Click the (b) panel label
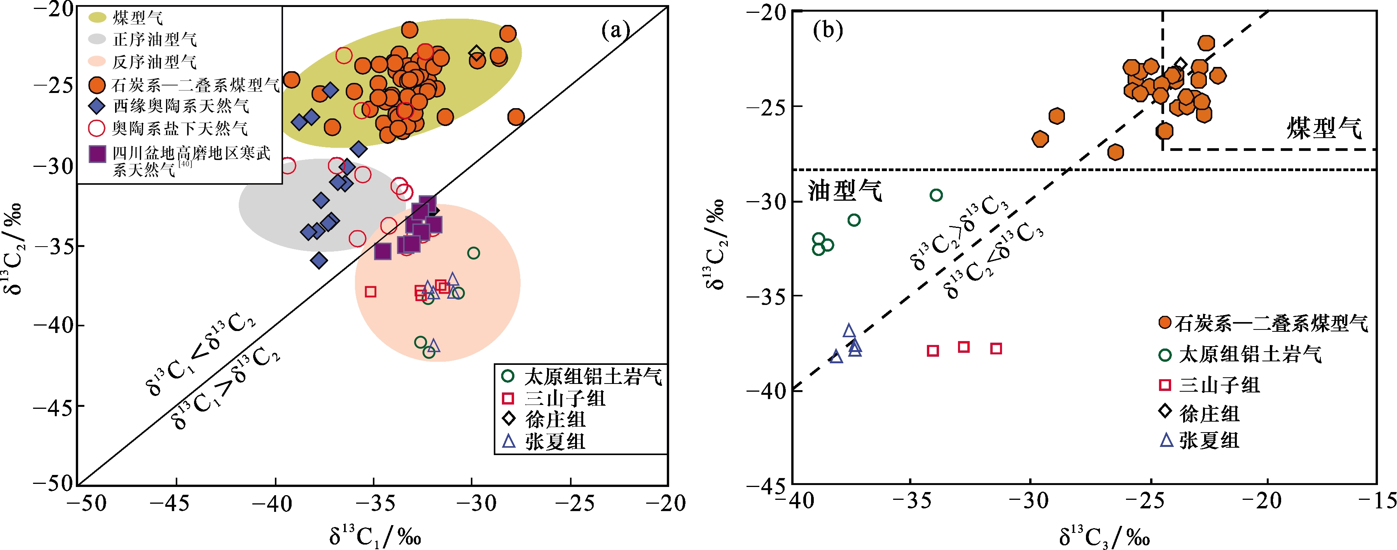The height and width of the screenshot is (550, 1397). tap(827, 30)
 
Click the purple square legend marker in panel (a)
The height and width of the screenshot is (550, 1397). tap(97, 154)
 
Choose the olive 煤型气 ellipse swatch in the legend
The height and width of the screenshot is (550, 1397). tap(97, 18)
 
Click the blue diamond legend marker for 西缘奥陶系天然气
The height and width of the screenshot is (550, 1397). tap(97, 106)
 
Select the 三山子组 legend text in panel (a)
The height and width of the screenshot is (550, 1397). tap(565, 399)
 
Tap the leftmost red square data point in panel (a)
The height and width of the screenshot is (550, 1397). tap(371, 292)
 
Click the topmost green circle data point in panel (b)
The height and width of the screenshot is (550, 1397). tap(936, 195)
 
